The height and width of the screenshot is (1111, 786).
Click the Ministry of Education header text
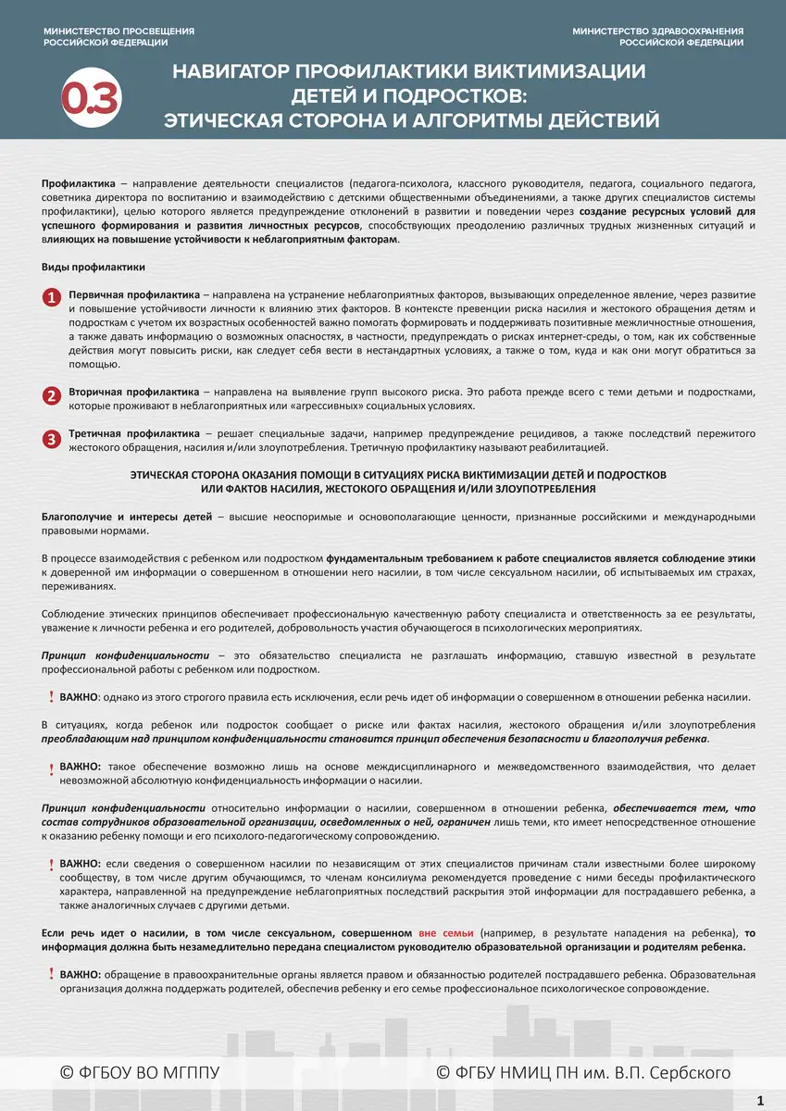point(119,37)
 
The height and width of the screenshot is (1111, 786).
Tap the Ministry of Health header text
point(657,37)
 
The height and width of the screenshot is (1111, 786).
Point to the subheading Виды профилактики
point(94,268)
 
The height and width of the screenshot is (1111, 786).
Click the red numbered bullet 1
point(52,296)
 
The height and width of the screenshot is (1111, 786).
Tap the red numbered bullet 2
point(52,396)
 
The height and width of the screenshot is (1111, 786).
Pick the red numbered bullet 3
point(52,437)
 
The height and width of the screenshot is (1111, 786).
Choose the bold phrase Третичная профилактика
point(133,433)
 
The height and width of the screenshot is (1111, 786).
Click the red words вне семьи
point(445,933)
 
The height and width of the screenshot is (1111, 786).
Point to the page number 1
point(760,1101)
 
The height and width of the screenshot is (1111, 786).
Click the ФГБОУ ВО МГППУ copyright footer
point(140,1073)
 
